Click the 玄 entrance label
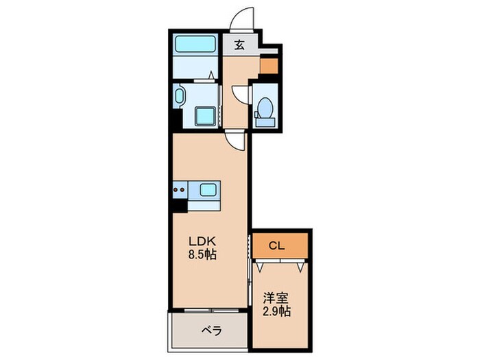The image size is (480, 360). tap(240, 46)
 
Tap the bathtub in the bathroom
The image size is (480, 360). tap(195, 46)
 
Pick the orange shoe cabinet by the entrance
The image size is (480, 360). tap(269, 66)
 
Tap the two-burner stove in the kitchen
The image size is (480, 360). tap(180, 188)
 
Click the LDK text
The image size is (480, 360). tap(203, 241)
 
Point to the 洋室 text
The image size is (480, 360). tap(276, 298)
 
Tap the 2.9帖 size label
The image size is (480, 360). tap(277, 312)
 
